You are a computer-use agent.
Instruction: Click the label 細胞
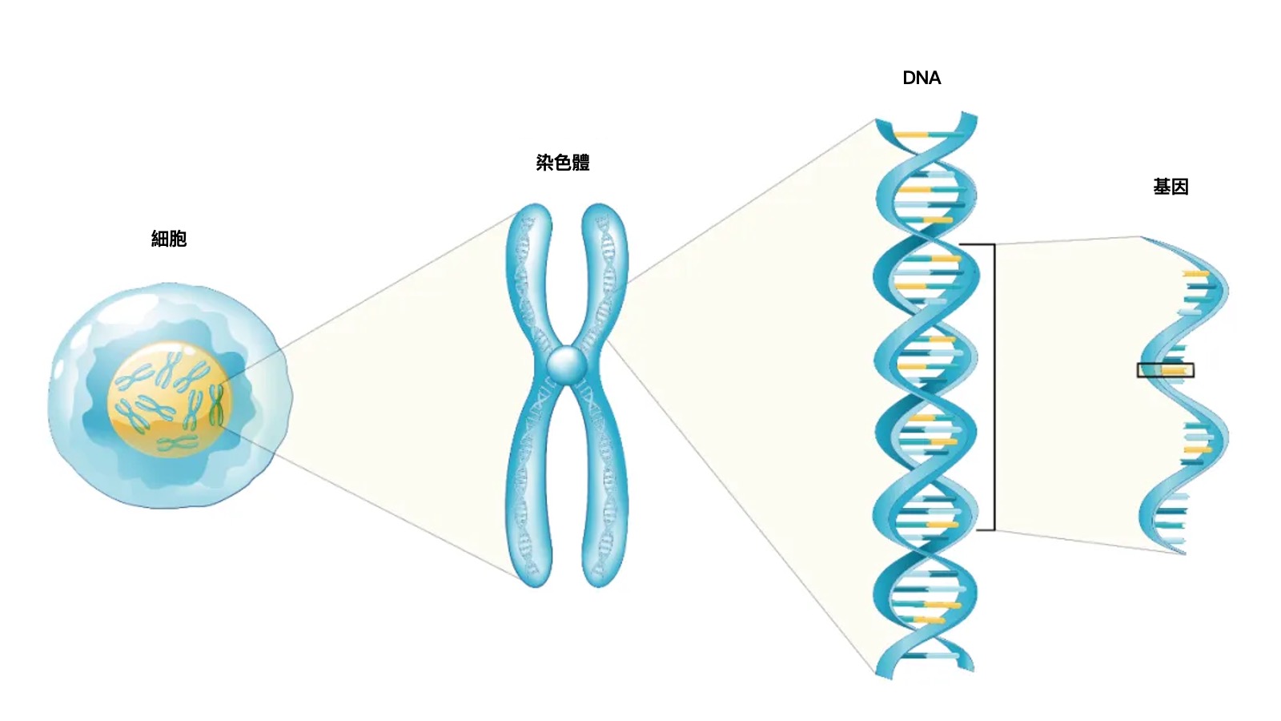tap(169, 238)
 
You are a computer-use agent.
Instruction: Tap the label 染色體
tap(563, 163)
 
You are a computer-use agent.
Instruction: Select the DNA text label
tap(922, 78)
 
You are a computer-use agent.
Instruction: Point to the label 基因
tap(1171, 187)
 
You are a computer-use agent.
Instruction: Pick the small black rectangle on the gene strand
tap(1166, 370)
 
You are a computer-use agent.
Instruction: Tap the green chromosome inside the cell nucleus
tap(215, 405)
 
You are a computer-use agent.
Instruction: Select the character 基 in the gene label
tap(1162, 187)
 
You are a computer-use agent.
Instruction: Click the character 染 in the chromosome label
tap(545, 163)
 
